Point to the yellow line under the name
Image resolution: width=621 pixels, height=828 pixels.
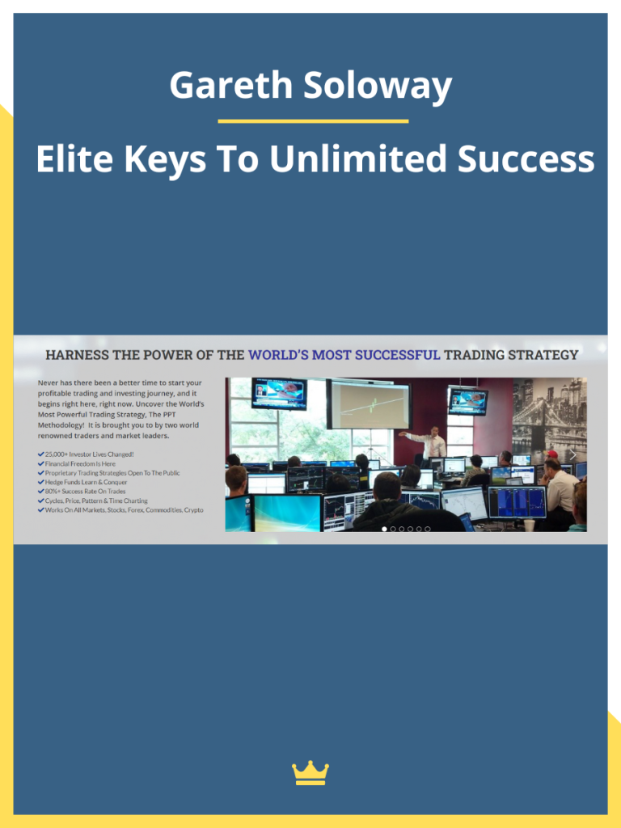click(x=313, y=121)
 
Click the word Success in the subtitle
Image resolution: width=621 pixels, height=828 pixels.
click(x=526, y=159)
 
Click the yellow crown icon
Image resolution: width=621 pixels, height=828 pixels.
click(x=310, y=773)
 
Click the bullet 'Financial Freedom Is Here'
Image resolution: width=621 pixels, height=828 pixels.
click(x=80, y=463)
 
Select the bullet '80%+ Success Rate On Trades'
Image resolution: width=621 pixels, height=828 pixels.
click(x=85, y=492)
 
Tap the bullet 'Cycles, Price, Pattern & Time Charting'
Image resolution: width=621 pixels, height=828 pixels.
click(x=96, y=501)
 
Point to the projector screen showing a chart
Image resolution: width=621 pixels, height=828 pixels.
click(x=368, y=404)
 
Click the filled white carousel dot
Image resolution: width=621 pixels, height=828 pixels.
click(x=384, y=529)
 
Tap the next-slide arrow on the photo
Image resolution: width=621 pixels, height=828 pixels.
click(x=572, y=454)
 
